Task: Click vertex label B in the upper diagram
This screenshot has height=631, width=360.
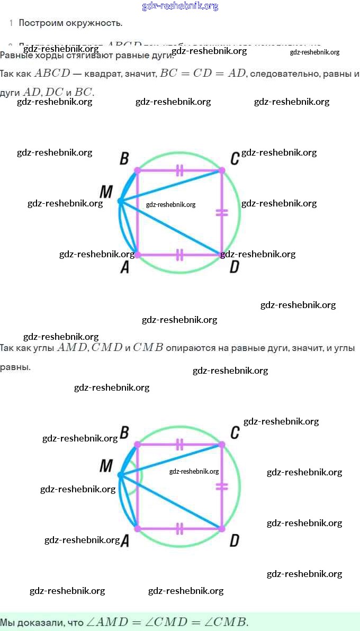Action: tap(124, 158)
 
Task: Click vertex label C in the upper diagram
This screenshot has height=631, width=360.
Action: tap(235, 158)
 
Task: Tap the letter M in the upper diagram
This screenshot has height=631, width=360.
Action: tap(106, 191)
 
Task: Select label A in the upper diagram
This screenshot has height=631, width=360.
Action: tap(125, 268)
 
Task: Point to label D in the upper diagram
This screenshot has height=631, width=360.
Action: tap(234, 268)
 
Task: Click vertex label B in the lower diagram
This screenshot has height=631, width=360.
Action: tap(124, 433)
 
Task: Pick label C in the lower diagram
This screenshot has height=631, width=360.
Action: tap(235, 432)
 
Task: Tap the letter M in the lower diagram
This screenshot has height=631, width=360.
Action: tap(106, 466)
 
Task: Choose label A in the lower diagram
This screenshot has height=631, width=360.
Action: tap(125, 541)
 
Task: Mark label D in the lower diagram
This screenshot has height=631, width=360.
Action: tap(234, 540)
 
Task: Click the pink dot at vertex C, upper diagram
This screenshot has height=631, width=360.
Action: tap(222, 170)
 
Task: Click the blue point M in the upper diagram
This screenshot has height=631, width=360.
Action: tap(120, 201)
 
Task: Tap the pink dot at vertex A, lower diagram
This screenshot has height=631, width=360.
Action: tap(138, 528)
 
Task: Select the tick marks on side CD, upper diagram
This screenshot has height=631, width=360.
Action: tap(222, 213)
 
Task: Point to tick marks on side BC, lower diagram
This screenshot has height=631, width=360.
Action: tap(179, 445)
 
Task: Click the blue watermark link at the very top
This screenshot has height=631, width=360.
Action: tap(180, 6)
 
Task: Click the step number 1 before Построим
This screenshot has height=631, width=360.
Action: tap(11, 23)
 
